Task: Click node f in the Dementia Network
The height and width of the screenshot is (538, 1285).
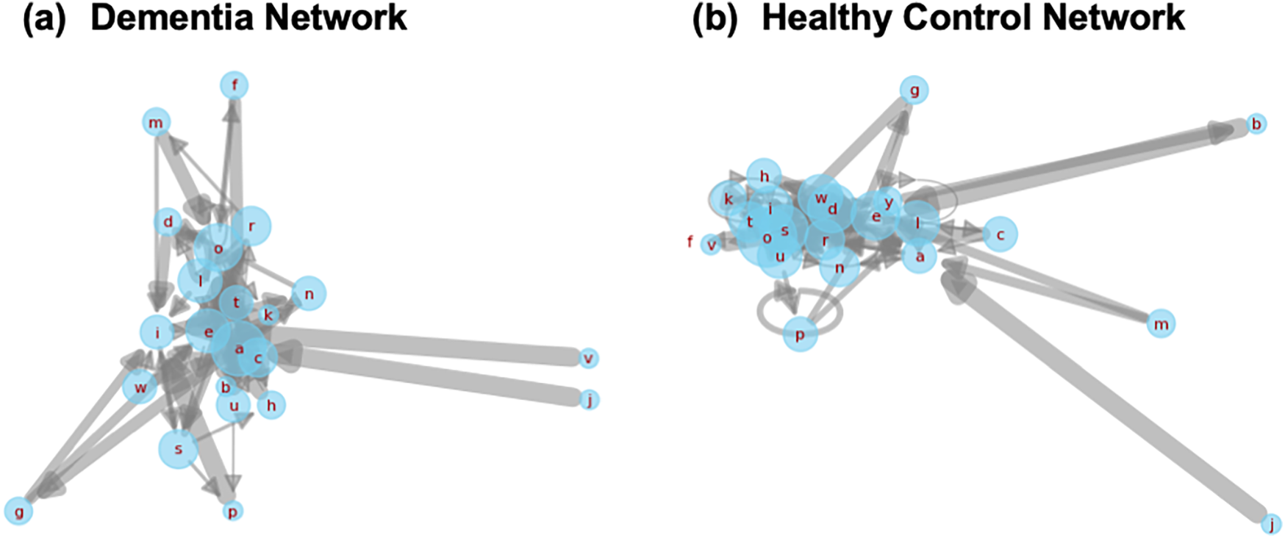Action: click(x=235, y=85)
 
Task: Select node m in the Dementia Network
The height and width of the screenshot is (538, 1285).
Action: click(x=156, y=122)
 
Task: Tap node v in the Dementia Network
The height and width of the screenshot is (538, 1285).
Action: click(x=588, y=358)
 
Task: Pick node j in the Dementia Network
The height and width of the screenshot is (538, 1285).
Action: click(x=588, y=399)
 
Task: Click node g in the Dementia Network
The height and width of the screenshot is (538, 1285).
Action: click(x=19, y=511)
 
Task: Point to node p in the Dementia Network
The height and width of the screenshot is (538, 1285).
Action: click(x=232, y=511)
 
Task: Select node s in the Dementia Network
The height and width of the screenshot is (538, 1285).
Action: click(x=179, y=449)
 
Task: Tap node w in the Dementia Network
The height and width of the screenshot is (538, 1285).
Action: click(x=140, y=387)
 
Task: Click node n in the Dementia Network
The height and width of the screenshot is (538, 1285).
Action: click(x=309, y=294)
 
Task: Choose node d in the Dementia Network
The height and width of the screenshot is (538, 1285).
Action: click(x=168, y=221)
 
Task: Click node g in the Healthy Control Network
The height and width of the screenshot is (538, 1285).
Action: click(x=914, y=90)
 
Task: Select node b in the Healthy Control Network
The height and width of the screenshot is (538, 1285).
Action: click(x=1256, y=124)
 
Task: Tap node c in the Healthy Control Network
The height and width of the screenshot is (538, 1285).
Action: click(x=1000, y=234)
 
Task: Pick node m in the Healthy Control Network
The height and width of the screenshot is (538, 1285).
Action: click(x=1161, y=323)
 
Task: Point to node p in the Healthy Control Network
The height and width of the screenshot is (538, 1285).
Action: click(x=800, y=335)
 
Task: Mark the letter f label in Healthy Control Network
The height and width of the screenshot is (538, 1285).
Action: click(x=690, y=241)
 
